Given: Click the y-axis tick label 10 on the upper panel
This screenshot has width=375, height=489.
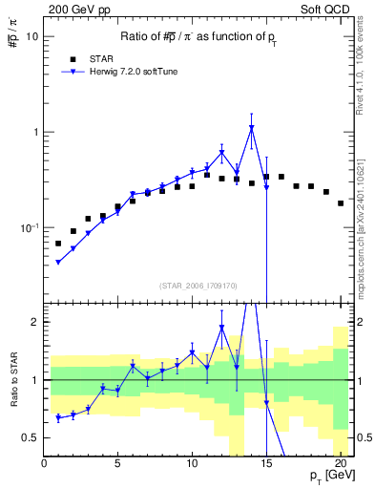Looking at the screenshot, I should click(31, 36).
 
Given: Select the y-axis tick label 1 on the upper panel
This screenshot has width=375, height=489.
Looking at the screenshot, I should click(34, 132).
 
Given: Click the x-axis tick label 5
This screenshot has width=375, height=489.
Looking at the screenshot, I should click(117, 463).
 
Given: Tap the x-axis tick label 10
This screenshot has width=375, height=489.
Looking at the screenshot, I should click(192, 463).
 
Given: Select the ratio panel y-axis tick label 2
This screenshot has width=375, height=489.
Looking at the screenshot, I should click(34, 322).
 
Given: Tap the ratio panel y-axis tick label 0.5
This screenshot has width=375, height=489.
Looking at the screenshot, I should click(31, 437).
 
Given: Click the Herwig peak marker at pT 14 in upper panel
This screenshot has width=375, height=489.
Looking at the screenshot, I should click(252, 128).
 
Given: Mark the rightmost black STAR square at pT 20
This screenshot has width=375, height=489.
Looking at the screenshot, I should click(341, 203).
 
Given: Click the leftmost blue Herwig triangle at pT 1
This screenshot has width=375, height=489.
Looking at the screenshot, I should click(58, 262).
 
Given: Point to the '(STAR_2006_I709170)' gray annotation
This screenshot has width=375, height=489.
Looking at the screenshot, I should click(198, 285).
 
